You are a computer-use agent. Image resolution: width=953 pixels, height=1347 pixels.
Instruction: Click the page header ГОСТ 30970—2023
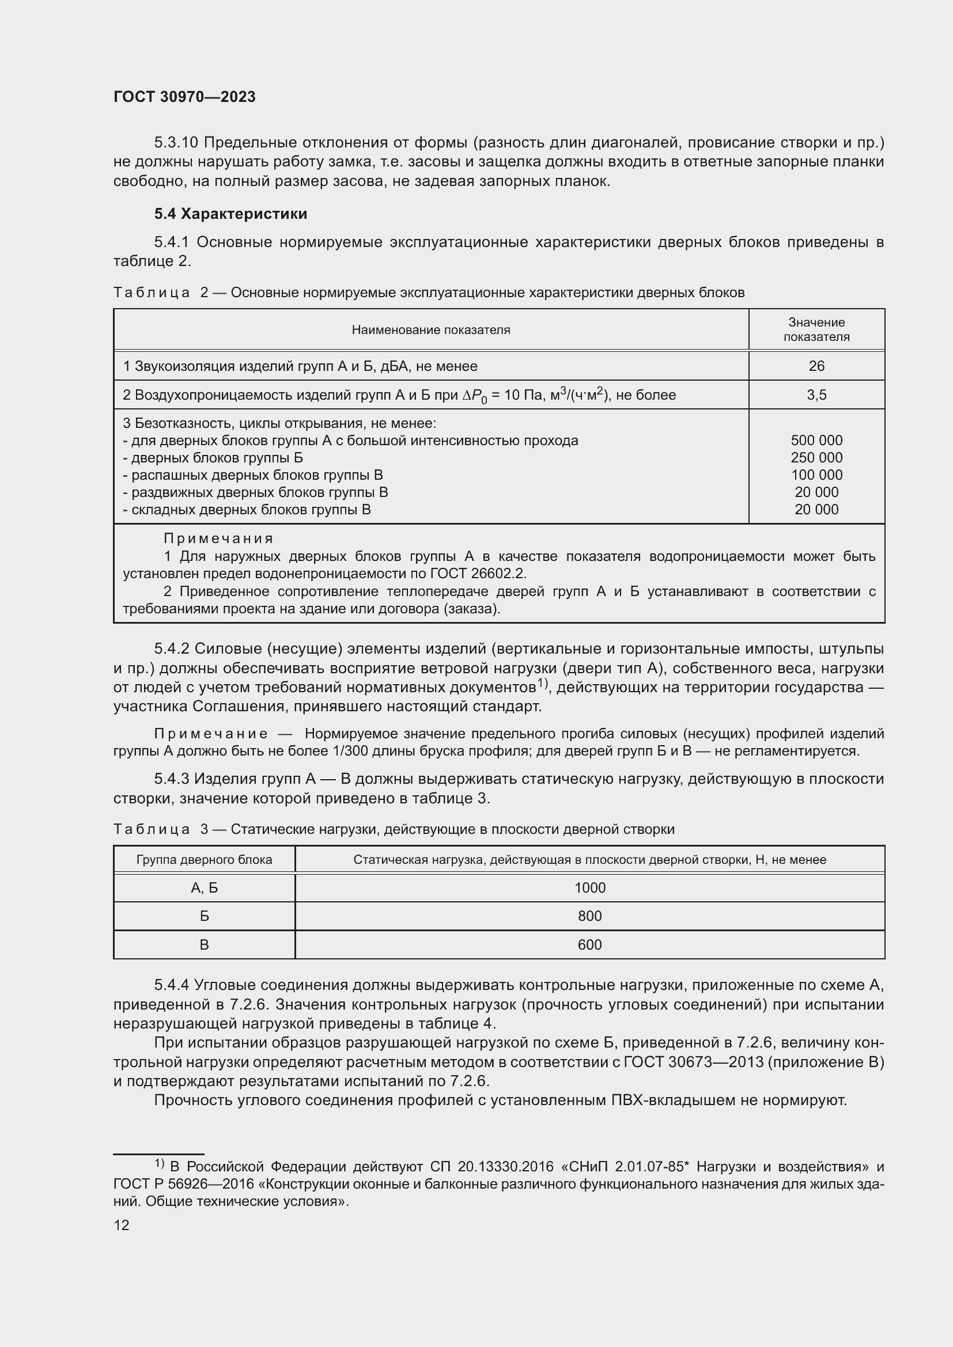[x=184, y=97]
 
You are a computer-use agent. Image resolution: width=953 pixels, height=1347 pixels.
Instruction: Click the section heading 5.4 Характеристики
[x=230, y=214]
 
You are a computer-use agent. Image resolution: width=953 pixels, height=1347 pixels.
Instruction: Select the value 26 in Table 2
[x=816, y=366]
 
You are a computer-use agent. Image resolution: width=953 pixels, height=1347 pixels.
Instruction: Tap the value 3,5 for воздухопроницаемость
[x=816, y=396]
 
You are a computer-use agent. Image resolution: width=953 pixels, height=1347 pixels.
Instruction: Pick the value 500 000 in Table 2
[x=816, y=441]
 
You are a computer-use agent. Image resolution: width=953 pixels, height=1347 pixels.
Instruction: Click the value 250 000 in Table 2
[x=816, y=458]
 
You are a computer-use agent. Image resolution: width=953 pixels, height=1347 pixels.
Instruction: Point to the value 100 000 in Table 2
[x=816, y=475]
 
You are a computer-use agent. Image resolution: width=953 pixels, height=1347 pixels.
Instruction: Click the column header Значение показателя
[x=816, y=330]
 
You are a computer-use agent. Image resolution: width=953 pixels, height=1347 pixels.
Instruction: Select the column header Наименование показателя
[x=431, y=331]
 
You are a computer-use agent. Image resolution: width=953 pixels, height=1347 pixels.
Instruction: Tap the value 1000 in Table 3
[x=590, y=888]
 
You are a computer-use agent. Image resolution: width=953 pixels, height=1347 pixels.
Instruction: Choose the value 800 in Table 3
[x=590, y=916]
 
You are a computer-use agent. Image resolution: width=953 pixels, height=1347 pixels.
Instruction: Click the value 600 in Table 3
[x=590, y=945]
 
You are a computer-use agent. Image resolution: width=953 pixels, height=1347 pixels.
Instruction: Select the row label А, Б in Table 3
[x=204, y=888]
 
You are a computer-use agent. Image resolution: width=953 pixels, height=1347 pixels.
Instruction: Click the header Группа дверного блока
[x=204, y=860]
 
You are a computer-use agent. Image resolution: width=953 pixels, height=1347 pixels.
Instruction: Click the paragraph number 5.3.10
[x=176, y=143]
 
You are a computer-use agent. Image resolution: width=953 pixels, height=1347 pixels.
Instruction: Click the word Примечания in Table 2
[x=218, y=538]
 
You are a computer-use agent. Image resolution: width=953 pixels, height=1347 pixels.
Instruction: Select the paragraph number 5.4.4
[x=171, y=985]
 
